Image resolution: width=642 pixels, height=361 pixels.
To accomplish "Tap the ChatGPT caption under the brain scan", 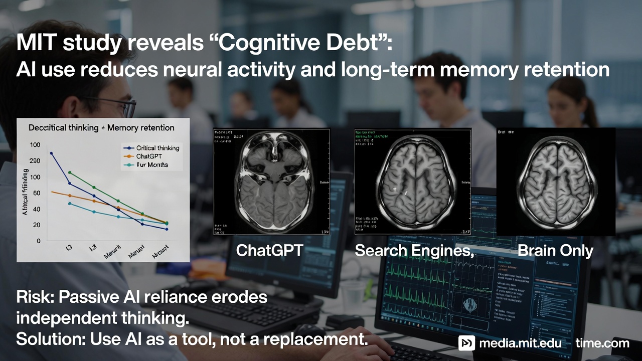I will (269, 250).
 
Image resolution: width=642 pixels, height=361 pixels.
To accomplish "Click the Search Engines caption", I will (414, 250).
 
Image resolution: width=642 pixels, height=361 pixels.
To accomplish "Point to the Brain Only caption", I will (555, 250).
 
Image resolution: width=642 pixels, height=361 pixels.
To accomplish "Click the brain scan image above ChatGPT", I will (271, 182).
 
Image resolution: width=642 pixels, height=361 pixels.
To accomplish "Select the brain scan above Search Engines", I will (413, 182).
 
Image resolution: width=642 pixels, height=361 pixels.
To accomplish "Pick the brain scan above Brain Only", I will (555, 182).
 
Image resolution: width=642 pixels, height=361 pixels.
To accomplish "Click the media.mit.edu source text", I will (520, 343).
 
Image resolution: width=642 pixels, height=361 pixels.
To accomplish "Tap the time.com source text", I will (602, 343).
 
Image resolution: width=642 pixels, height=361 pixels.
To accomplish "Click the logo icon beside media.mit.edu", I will (466, 343).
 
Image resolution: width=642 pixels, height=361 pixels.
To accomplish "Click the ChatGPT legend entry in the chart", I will (152, 156).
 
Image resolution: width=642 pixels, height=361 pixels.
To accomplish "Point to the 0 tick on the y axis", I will (38, 241).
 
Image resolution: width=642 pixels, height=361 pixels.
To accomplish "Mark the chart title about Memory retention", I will (101, 128).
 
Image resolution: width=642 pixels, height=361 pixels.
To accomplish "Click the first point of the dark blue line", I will (51, 153).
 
